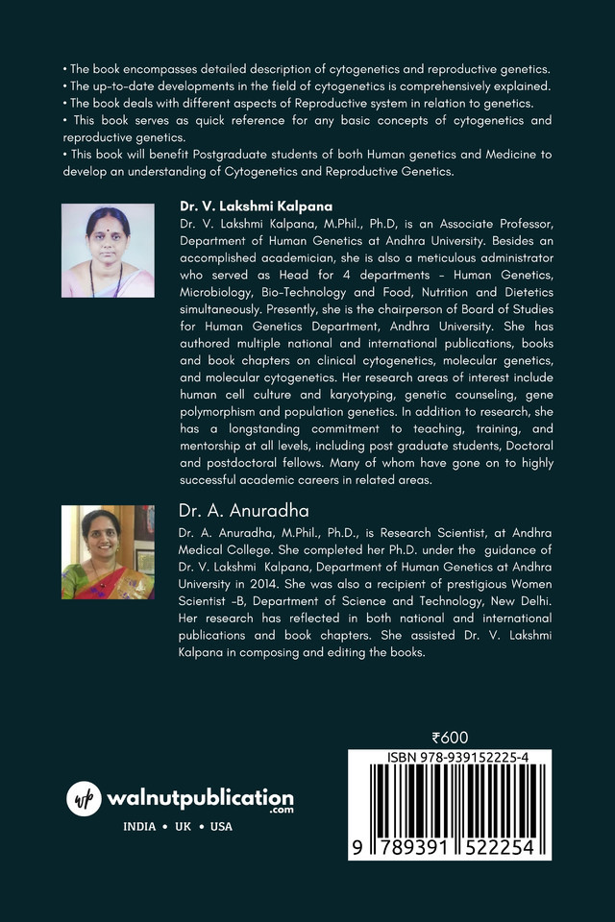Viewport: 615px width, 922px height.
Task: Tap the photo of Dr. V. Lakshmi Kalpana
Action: [107, 250]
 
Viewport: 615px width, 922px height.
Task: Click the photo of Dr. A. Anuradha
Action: [107, 552]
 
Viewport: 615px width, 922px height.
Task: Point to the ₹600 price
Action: [450, 738]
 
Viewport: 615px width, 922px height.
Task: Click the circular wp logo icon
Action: [85, 799]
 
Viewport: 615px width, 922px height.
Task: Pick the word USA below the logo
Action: [221, 826]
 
